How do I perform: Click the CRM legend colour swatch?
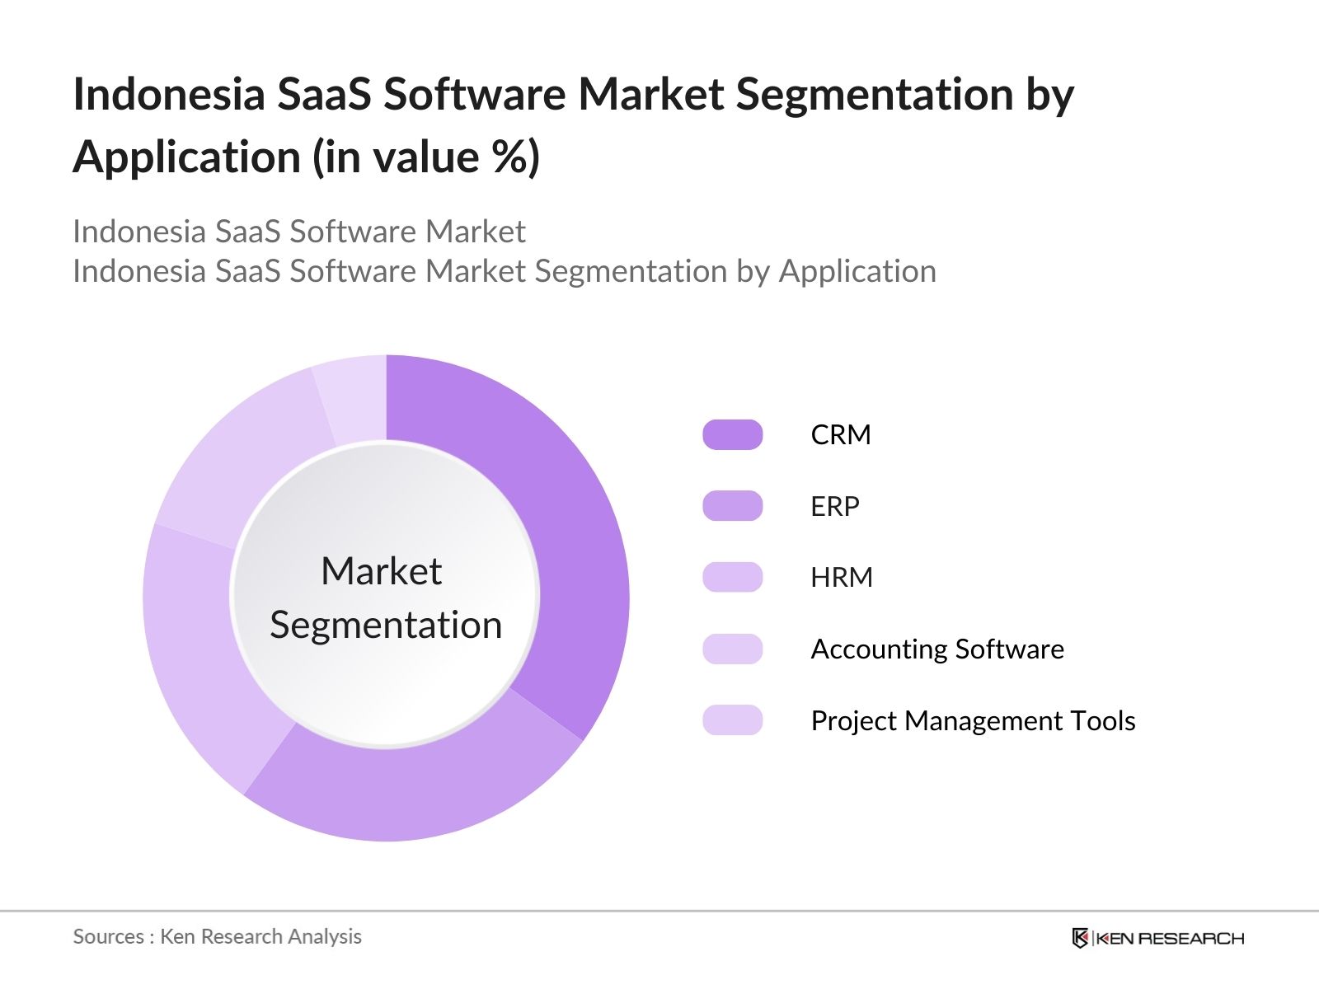732,434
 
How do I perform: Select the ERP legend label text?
834,506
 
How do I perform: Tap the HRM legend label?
841,577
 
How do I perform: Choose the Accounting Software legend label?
936,649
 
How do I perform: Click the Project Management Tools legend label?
973,721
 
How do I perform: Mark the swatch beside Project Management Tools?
732,720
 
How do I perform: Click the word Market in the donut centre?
381,571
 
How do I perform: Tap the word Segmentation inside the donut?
386,625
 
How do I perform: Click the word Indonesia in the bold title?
169,94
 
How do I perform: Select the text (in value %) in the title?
426,157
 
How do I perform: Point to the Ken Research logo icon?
1080,938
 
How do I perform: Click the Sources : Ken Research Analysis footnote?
217,936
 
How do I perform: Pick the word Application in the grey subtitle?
857,271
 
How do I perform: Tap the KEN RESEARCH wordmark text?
1171,938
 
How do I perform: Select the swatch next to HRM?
732,577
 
